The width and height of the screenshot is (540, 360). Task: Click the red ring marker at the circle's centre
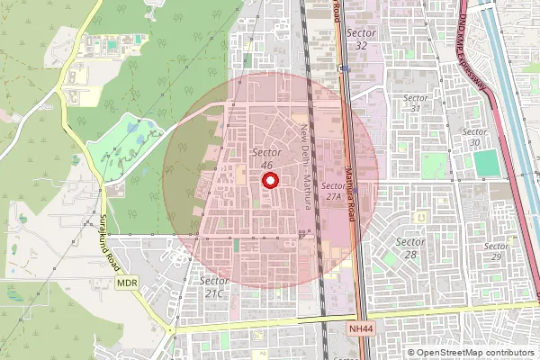[x=269, y=180]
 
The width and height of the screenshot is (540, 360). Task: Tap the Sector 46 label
[x=265, y=158]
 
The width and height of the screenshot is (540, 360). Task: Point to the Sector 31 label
[x=415, y=103]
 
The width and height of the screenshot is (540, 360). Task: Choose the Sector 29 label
[x=496, y=251]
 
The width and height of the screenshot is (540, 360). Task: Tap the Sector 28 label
[x=411, y=248]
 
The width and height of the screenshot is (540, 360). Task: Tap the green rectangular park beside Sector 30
[x=486, y=164]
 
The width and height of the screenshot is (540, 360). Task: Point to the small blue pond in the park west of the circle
[x=133, y=129]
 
